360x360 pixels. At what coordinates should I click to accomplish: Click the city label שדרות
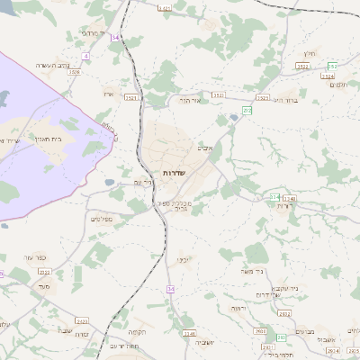[174, 171]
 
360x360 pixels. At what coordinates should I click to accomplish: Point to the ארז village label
[109, 93]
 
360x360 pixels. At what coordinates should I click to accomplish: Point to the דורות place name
[285, 206]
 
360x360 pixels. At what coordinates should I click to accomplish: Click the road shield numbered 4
[85, 56]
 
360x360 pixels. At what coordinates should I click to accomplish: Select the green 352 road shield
[332, 67]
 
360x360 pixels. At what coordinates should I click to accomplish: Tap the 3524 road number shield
[327, 76]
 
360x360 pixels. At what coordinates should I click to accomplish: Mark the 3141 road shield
[189, 332]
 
